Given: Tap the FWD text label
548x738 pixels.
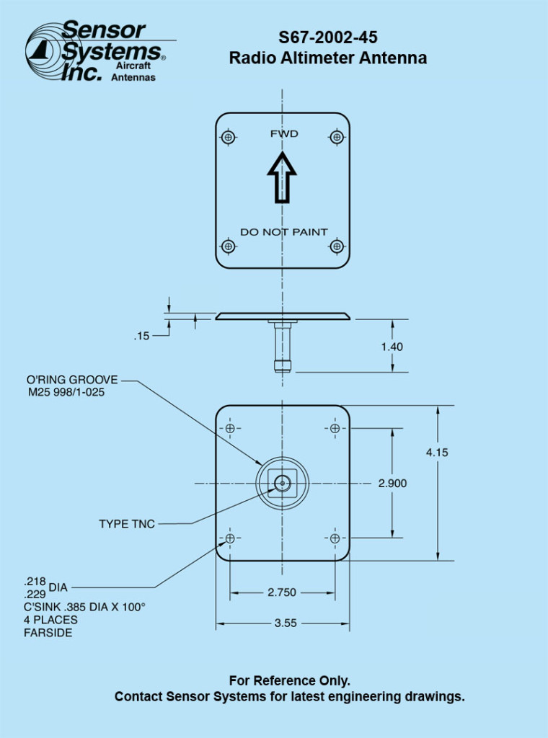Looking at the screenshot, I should pos(284,134).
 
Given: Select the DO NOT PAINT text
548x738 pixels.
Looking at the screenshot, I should pos(283,232).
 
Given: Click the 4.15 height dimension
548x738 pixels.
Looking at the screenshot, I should pos(437,453).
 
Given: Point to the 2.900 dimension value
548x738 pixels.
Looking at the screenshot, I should pos(392,484).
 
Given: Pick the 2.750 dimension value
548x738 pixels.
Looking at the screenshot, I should pos(282,592).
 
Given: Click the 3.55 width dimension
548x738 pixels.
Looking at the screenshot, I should pos(286,623).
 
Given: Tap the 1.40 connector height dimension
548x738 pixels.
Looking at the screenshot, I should pos(392,347).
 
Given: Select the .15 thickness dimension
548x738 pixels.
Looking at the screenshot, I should pos(141,336).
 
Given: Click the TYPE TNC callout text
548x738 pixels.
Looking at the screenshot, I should pos(127,524).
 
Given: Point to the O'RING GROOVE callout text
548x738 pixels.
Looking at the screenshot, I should pos(72,380).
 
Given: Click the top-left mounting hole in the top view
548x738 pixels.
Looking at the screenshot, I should pos(229,137).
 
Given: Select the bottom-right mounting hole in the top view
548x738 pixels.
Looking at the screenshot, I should pos(335,246).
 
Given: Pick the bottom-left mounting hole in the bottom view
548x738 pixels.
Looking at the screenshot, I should pos(230,538).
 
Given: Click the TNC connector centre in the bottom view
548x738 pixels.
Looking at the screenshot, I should pos(282,483).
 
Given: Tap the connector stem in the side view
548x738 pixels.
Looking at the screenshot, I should pos(282,347).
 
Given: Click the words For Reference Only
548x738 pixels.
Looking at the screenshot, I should pos(290,680).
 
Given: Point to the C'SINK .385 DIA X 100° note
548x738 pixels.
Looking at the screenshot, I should pos(85,607).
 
